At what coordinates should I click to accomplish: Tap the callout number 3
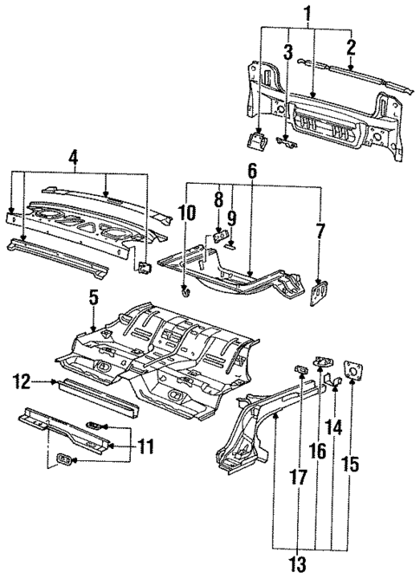pyautogui.click(x=288, y=52)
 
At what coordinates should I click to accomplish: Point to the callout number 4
pyautogui.click(x=75, y=159)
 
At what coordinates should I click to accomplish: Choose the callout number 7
pyautogui.click(x=321, y=231)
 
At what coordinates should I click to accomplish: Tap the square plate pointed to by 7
pyautogui.click(x=321, y=292)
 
